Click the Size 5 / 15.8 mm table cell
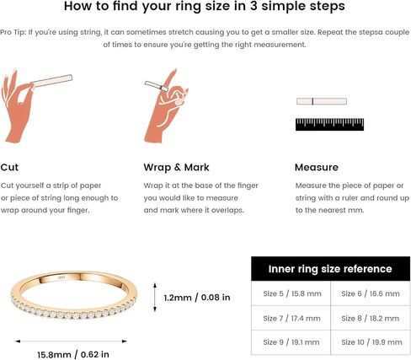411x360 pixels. pos(291,293)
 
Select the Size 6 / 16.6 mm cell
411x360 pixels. pos(371,293)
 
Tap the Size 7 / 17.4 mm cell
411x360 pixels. pos(291,318)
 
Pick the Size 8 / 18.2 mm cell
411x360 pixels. pos(371,318)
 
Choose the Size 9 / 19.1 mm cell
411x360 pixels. pos(291,342)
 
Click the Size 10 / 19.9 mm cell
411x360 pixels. pos(371,342)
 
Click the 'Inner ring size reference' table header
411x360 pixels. pos(330,269)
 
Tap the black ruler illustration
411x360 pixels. pos(329,125)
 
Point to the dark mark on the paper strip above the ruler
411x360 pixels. pos(312,101)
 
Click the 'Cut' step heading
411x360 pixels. pos(9,167)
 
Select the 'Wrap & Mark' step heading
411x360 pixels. pos(176,167)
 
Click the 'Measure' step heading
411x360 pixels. pos(317,167)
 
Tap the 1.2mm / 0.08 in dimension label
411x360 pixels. pos(197,298)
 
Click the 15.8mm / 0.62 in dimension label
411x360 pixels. pos(73,354)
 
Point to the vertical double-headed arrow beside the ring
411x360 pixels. pos(155,298)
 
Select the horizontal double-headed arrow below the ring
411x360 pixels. pos(71,341)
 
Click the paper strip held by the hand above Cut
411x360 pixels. pos(51,80)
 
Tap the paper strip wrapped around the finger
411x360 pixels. pos(157,86)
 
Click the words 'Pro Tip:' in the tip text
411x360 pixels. pos(13,32)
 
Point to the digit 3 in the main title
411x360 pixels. pos(254,6)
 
